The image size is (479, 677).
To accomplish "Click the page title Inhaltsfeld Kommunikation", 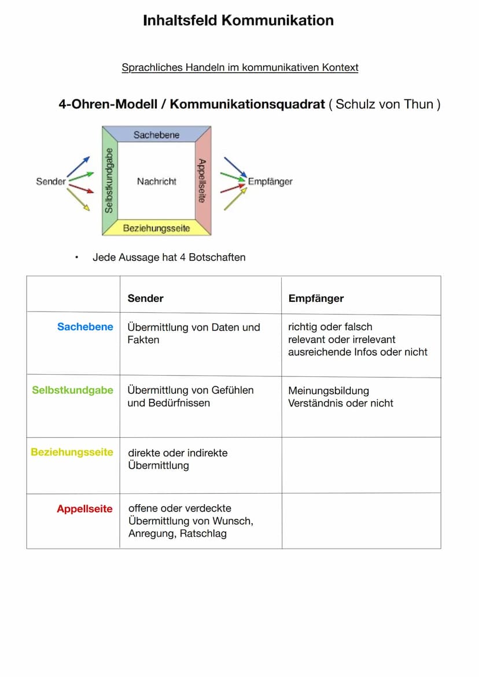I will (238, 21).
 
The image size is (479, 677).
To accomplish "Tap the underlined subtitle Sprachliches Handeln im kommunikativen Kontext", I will (239, 68).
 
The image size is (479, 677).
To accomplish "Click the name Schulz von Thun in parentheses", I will (384, 105).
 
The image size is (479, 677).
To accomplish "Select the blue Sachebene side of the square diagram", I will (156, 135).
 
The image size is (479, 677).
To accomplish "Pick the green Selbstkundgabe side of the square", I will (109, 180).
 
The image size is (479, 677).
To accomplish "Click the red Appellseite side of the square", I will (202, 180).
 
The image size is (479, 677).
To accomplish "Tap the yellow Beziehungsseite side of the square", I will (156, 228).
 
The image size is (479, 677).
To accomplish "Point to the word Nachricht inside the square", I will (156, 182).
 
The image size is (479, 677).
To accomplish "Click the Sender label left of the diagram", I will (51, 182).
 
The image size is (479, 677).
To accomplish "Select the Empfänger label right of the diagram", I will (270, 182).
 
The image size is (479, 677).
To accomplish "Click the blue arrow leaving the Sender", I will (79, 166).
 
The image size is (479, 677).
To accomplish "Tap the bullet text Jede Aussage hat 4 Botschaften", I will (169, 257).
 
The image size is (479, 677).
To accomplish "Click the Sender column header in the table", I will (145, 298).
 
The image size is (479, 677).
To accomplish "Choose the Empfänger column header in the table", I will (316, 298).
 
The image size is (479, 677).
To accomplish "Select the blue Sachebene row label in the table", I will (85, 327).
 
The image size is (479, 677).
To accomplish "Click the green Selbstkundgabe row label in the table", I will (72, 390).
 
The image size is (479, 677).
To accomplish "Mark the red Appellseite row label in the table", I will (84, 509).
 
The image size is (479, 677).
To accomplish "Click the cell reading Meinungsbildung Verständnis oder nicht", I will (340, 397).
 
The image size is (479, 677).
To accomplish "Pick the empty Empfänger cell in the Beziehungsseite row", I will (361, 465).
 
